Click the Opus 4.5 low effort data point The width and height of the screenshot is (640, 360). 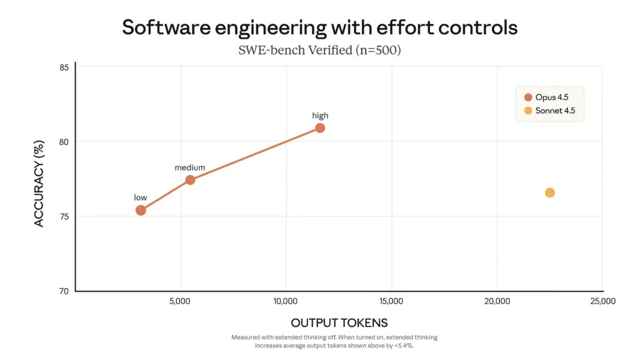click(x=141, y=210)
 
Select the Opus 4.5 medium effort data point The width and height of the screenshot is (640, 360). click(x=190, y=180)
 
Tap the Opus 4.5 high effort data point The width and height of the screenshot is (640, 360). click(x=320, y=128)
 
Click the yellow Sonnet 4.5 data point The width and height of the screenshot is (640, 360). click(x=549, y=192)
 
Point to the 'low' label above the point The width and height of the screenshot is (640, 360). click(x=141, y=197)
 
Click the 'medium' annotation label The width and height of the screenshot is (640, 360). click(x=189, y=167)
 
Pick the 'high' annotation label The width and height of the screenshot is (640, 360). click(x=320, y=116)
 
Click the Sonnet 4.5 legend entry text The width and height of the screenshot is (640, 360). click(x=555, y=111)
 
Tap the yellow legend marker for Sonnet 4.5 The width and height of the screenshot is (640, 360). click(x=528, y=111)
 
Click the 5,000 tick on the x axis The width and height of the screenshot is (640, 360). click(x=180, y=301)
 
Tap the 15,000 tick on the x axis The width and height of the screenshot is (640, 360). click(x=391, y=301)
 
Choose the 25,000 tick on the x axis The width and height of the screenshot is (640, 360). click(x=602, y=301)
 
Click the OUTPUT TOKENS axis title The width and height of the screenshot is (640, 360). click(x=339, y=322)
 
